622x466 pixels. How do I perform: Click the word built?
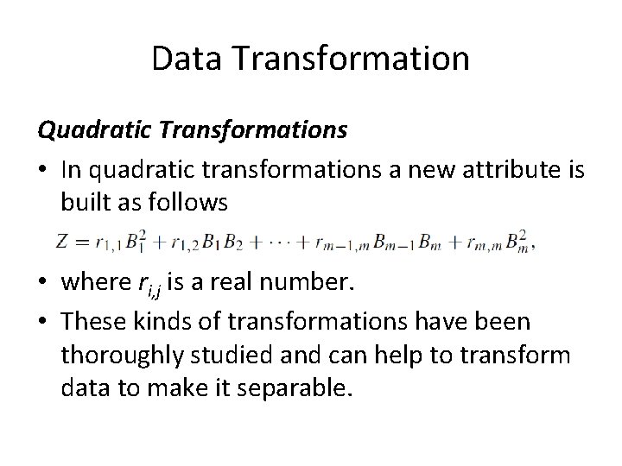[x=86, y=204]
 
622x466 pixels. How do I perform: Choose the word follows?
[x=190, y=204]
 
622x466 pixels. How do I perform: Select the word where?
[x=92, y=284]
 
